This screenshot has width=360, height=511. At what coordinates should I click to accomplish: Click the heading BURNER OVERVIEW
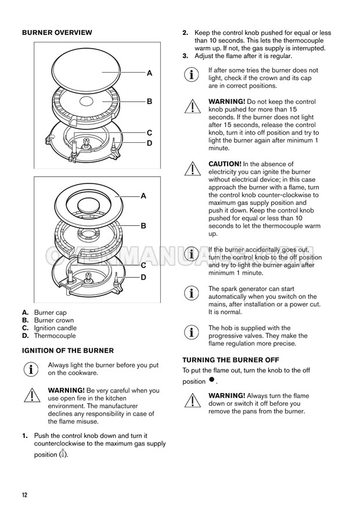[x=57, y=33]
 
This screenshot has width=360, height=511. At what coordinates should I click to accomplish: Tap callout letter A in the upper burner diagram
[x=150, y=73]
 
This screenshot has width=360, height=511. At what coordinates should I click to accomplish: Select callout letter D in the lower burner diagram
[x=143, y=278]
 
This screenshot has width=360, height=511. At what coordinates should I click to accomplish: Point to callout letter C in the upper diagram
[x=150, y=133]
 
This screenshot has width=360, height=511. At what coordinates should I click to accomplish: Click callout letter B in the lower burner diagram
[x=143, y=225]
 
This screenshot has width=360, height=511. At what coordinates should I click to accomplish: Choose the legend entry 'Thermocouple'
[x=55, y=336]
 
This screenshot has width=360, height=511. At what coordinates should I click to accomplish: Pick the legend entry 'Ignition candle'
[x=55, y=328]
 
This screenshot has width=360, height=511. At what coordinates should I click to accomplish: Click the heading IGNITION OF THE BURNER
[x=68, y=351]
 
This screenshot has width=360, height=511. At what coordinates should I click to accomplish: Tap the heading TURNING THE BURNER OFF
[x=231, y=360]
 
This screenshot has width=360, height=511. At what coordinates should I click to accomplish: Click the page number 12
[x=25, y=495]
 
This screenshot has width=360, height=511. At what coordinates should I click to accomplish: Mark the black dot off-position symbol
[x=212, y=379]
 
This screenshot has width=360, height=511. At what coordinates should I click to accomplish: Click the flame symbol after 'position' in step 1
[x=63, y=454]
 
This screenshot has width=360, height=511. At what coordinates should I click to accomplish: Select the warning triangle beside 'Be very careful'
[x=32, y=395]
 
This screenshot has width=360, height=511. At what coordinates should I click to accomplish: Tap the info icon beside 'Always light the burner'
[x=31, y=369]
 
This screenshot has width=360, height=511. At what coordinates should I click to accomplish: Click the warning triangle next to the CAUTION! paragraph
[x=193, y=168]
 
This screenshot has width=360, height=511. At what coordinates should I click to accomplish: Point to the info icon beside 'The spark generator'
[x=191, y=293]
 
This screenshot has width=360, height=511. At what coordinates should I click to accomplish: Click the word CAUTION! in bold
[x=225, y=164]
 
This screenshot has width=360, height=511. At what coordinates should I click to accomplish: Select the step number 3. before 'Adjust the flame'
[x=185, y=56]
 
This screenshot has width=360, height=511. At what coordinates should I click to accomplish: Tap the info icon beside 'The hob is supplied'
[x=191, y=332]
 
